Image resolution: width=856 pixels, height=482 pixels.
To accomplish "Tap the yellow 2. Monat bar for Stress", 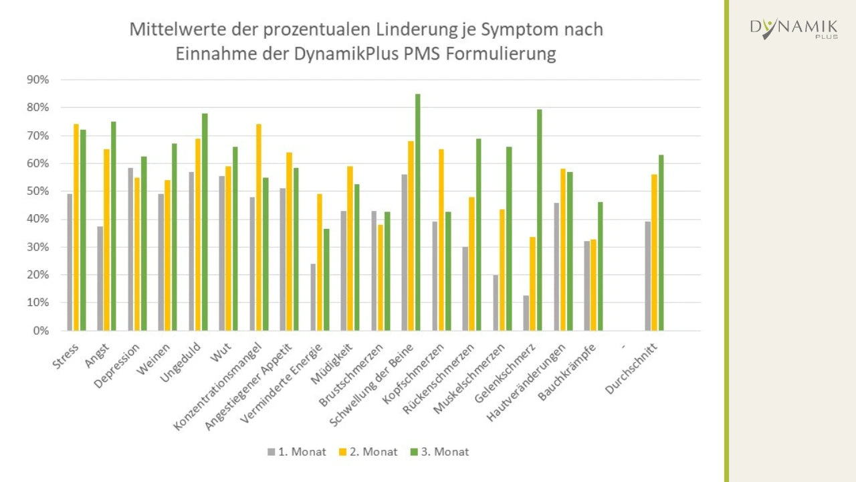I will point(76,228).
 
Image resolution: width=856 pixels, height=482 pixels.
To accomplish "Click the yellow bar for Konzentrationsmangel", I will point(259,228).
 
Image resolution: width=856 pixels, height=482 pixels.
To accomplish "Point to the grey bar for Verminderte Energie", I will point(313,297).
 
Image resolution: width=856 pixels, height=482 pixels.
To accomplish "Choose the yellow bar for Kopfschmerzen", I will point(441,240).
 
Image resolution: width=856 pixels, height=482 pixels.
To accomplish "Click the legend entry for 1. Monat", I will point(297,452).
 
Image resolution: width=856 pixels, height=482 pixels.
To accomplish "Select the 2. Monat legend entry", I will point(368,452).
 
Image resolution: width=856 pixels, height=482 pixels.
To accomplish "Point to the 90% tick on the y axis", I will point(37,80).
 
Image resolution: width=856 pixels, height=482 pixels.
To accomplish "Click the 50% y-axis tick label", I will point(37,191).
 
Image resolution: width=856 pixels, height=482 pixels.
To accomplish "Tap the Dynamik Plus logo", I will point(794,29).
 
